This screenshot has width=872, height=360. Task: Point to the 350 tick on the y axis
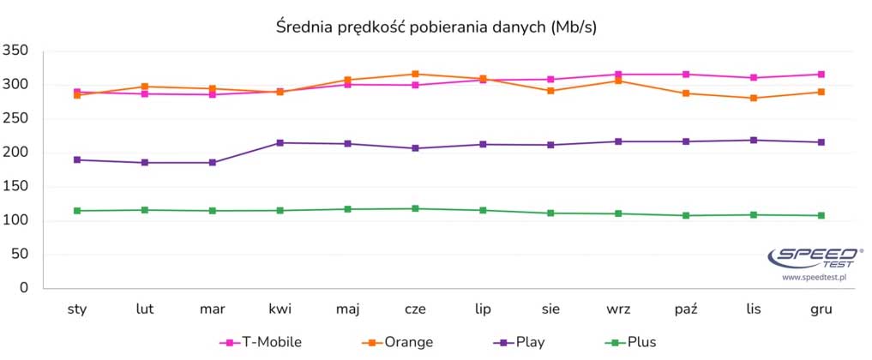point(17,52)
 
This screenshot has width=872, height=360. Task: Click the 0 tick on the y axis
point(25,289)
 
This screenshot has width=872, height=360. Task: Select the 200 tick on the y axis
point(17,153)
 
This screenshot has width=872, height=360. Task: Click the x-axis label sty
point(77,308)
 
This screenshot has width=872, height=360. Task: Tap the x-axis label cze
point(415,308)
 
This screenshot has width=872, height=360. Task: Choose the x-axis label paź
point(686,308)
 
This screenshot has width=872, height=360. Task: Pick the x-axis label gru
point(821,308)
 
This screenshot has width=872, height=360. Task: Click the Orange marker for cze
point(415,74)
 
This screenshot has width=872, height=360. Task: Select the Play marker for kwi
point(280,142)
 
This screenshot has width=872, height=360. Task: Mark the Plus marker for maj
point(347,209)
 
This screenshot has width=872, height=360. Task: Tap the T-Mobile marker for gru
point(821,75)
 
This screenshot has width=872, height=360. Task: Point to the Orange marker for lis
point(753,98)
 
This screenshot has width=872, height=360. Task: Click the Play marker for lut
point(145,162)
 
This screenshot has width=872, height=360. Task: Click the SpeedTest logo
point(815,257)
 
